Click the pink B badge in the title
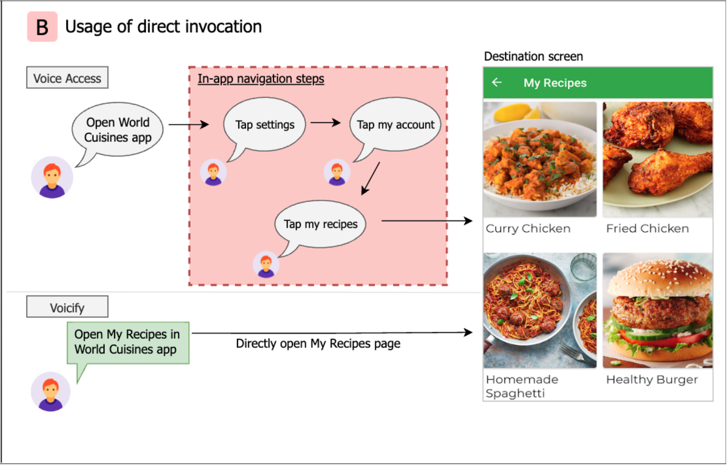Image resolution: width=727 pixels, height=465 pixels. (x=42, y=27)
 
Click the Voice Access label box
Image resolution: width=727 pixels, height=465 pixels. (x=67, y=78)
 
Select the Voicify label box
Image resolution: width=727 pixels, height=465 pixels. (x=67, y=307)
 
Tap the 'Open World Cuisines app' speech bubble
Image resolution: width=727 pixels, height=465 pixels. (x=118, y=130)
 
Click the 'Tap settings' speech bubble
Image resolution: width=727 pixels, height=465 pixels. (x=265, y=125)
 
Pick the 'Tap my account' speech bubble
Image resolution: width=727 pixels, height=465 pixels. (x=395, y=125)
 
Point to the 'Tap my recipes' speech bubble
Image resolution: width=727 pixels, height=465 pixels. (x=320, y=224)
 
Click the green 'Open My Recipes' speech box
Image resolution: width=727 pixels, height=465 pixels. (x=128, y=342)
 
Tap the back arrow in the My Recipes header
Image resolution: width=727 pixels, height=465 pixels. (x=497, y=82)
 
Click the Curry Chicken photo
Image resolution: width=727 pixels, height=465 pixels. (x=540, y=159)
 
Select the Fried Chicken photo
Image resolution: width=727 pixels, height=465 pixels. (x=657, y=159)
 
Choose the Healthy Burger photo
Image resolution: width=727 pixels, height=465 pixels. (x=657, y=310)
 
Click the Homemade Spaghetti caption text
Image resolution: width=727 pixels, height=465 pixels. (x=522, y=386)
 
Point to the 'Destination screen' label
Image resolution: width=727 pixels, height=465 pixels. (x=533, y=57)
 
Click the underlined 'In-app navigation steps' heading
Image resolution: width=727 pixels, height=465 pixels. (x=261, y=79)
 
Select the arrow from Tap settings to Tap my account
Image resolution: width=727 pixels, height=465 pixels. (x=325, y=123)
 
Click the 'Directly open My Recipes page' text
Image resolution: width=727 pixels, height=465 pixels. (x=318, y=344)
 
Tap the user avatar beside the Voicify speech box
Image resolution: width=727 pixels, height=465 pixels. (x=50, y=391)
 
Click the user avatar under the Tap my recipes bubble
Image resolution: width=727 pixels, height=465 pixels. (x=266, y=264)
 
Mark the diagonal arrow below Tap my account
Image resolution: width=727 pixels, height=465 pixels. (x=370, y=178)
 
